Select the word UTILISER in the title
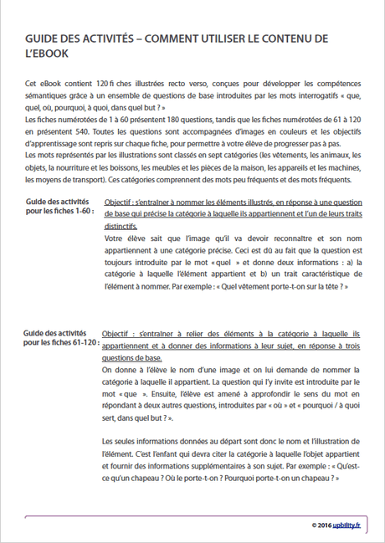click(256, 38)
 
